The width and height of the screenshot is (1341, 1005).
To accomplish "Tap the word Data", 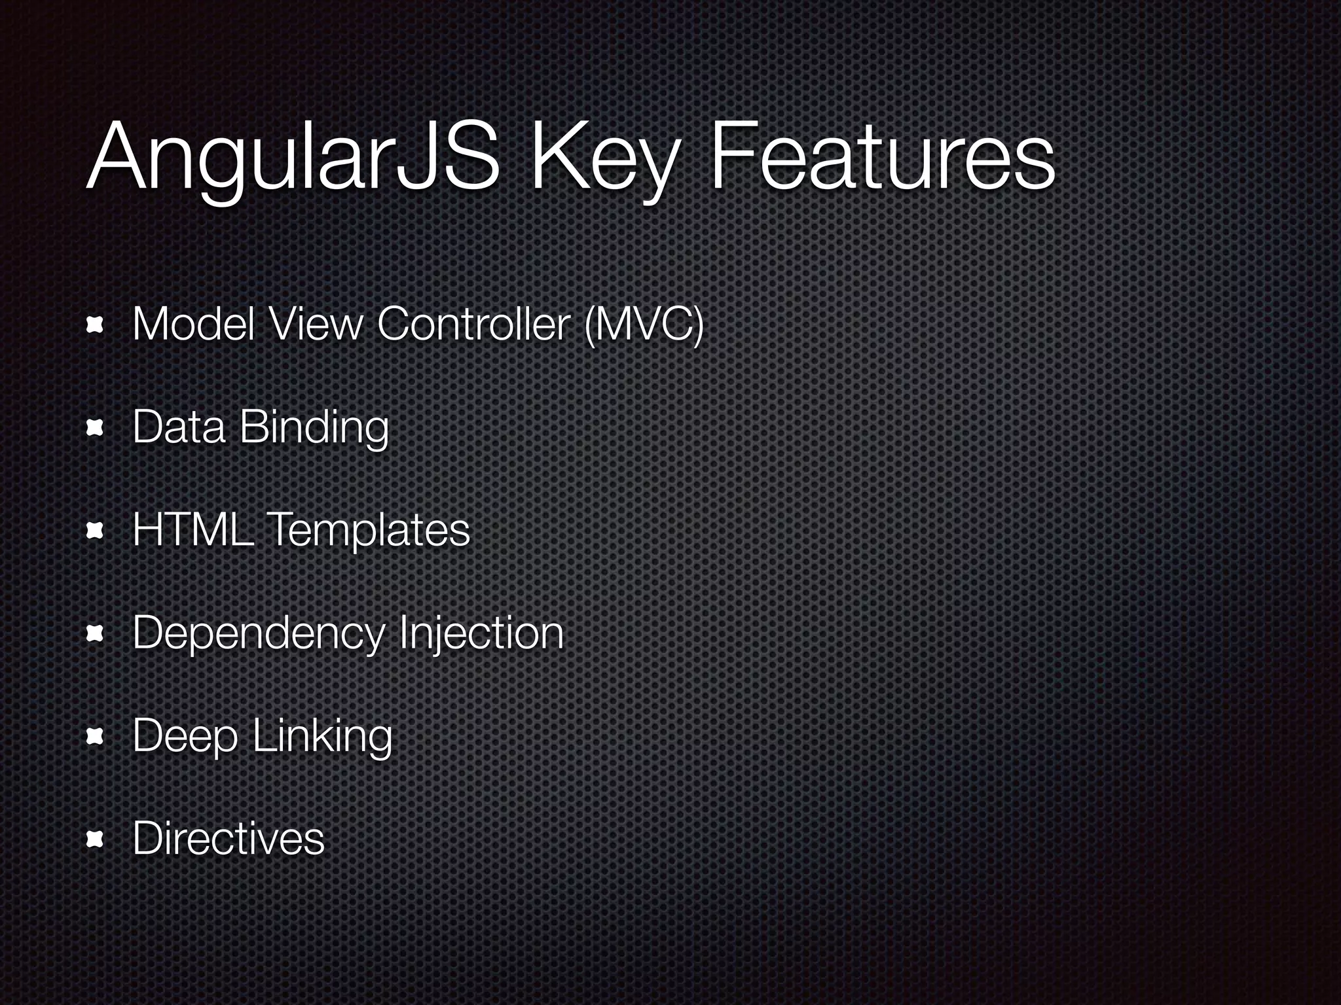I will [178, 427].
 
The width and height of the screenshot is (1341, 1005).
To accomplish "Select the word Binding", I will [314, 429].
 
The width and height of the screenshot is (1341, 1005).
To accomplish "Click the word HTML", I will [193, 529].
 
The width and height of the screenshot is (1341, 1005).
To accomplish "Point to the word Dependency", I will [259, 633].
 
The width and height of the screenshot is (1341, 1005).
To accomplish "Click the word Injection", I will [481, 633].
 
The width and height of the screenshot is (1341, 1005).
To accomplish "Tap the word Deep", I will [185, 736].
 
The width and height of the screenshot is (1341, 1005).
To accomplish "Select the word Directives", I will [229, 838].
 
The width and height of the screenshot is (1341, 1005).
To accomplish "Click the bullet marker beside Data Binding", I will [96, 428].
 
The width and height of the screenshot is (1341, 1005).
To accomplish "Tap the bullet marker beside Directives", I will [96, 839].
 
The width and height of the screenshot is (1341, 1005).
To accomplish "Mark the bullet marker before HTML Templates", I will [96, 531].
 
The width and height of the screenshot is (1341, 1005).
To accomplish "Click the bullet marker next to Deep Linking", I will [96, 737].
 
